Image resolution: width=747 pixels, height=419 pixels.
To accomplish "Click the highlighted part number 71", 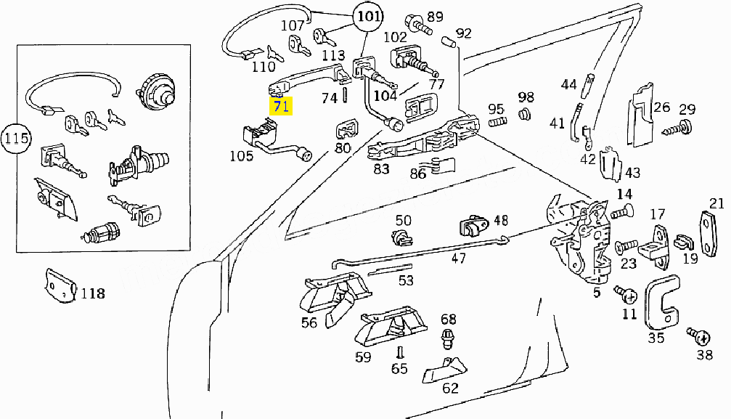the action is coord(281,105).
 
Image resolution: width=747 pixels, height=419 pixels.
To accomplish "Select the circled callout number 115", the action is coord(16,138).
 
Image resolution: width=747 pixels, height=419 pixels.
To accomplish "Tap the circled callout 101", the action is coord(368,17).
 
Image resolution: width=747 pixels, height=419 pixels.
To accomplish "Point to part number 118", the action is coord(93,293).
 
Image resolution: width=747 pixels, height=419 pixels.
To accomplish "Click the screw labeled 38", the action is coord(698,336).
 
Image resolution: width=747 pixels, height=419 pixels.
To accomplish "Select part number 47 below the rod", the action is coord(458,259).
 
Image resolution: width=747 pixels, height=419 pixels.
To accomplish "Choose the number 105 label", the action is coord(241,156).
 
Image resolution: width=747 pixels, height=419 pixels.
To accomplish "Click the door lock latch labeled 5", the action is coord(578,239).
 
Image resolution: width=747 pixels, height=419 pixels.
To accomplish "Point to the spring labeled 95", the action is coord(497,122).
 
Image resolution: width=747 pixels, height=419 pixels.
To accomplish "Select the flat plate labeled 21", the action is coord(709,234).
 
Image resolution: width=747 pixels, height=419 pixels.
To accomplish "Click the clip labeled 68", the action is coord(447,339).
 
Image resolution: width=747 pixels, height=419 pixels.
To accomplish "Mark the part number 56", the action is coord(309,322).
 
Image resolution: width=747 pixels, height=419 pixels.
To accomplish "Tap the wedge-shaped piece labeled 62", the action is coord(444,370).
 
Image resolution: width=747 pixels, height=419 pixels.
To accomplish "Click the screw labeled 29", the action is coord(678,128).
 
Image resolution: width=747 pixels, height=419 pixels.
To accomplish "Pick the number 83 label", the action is coord(381,168).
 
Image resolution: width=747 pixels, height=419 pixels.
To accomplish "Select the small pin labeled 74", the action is coord(345,95).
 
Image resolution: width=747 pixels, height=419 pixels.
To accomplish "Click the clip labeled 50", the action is coord(401,237).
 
